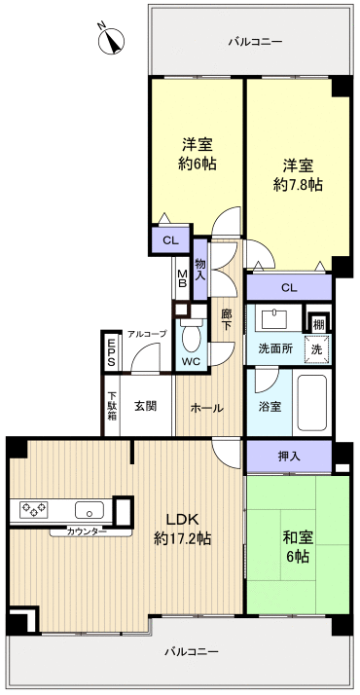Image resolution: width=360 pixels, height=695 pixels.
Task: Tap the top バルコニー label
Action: coord(255,42)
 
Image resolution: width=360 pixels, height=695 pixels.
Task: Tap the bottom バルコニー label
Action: coord(191,651)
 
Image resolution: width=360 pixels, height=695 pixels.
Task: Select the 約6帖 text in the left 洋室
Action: coord(198,163)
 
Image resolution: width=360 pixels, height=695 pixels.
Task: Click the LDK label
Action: coord(183,519)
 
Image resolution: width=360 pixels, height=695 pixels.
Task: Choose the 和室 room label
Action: coord(297,536)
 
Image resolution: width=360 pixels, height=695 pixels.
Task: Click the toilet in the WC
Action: coord(191,338)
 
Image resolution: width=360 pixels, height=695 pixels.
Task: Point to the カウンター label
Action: coord(89,531)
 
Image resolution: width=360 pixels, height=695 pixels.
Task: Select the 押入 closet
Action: coord(289,456)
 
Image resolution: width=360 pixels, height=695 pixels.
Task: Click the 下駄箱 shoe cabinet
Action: coord(111,405)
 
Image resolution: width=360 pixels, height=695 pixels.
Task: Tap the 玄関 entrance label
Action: coord(147,407)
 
